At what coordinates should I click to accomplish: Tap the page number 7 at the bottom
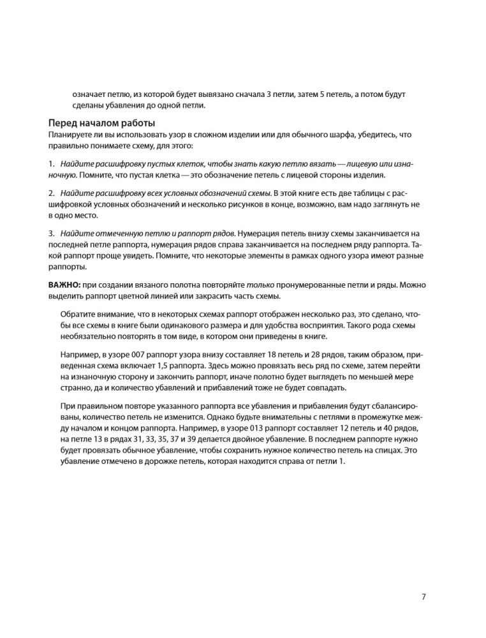424,597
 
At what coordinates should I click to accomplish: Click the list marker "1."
52,165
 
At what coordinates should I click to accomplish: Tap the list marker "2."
52,192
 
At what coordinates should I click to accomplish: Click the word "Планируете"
69,135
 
